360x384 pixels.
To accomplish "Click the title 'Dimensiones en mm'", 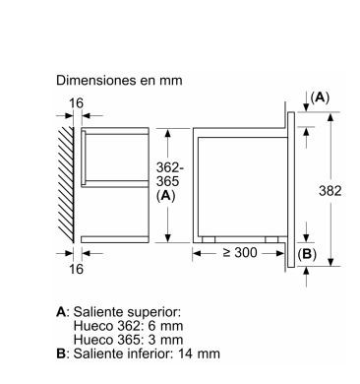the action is pos(119,80).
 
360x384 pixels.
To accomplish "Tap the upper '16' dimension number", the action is pos(76,103).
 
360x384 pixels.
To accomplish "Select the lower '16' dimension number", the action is pos(76,269).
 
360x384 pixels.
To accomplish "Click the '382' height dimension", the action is pos(330,191).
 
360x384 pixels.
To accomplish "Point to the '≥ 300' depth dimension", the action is pos(240,252).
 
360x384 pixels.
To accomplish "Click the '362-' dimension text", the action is pos(170,167).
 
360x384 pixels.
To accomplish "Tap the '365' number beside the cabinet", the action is pos(167,181).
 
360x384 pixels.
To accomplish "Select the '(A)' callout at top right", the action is pos(320,97).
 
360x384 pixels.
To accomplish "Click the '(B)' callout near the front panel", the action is pos(307,254).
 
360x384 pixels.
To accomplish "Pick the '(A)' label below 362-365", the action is pos(166,196).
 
